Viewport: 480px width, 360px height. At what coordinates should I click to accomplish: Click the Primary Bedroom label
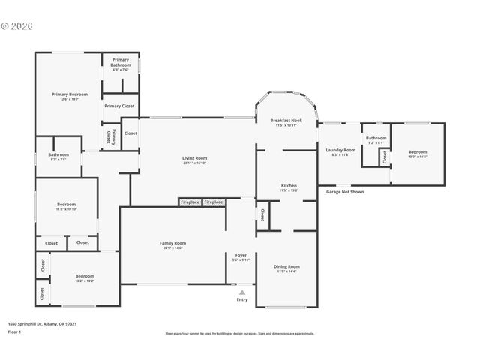click(x=70, y=94)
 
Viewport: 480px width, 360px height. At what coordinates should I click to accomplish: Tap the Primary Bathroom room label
click(x=121, y=62)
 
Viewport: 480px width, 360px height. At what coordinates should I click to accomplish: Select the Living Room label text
click(x=194, y=158)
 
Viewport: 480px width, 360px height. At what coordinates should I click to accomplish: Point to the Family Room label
click(x=172, y=243)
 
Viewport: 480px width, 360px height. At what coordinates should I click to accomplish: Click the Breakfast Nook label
click(x=286, y=120)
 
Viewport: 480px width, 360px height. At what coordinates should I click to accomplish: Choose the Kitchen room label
click(x=289, y=185)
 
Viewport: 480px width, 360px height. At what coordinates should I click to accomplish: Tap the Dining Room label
click(x=286, y=266)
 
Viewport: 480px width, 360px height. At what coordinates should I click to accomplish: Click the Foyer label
click(x=241, y=255)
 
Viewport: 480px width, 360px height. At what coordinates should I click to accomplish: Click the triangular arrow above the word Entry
click(x=241, y=292)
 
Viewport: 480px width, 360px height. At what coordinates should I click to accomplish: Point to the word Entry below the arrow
click(x=241, y=299)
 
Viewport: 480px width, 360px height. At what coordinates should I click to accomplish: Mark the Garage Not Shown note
click(x=345, y=192)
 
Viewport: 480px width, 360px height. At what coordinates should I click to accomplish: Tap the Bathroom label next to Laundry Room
click(x=376, y=138)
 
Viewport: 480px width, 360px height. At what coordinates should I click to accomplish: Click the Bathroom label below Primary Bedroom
click(x=58, y=155)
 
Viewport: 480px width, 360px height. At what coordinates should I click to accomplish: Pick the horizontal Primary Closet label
click(x=119, y=106)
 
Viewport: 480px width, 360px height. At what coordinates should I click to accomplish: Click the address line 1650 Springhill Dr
click(x=43, y=323)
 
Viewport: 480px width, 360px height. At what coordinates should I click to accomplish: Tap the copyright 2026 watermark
click(x=18, y=25)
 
